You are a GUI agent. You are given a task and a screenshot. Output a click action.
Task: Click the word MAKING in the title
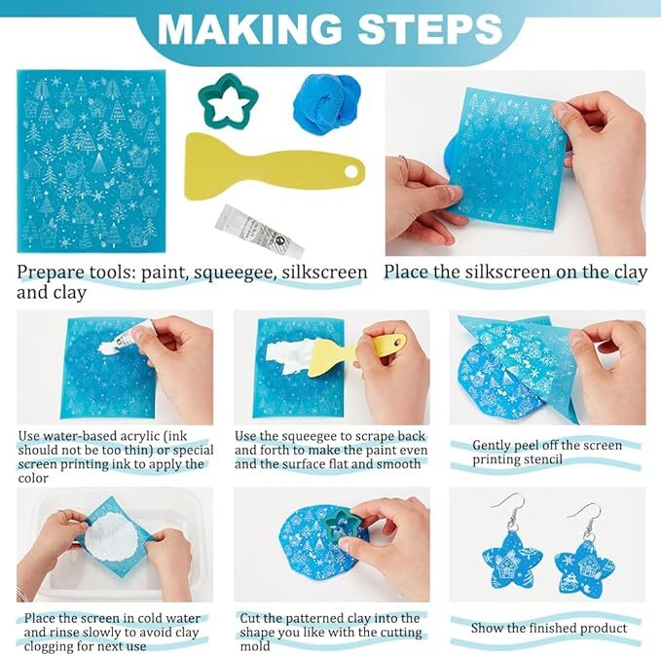[x=249, y=28]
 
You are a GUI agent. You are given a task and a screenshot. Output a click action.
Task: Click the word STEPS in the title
[x=430, y=28]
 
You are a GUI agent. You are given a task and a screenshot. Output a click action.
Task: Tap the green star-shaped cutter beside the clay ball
[x=228, y=102]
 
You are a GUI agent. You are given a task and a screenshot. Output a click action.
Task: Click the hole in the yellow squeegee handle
[x=350, y=172]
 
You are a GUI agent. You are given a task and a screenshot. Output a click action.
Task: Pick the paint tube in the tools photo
[x=259, y=232]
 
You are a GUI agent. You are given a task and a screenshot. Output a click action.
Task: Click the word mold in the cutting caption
[x=255, y=646]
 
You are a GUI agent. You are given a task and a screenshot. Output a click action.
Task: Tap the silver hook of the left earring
[x=509, y=508]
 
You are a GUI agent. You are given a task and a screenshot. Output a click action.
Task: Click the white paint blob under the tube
[x=109, y=347]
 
